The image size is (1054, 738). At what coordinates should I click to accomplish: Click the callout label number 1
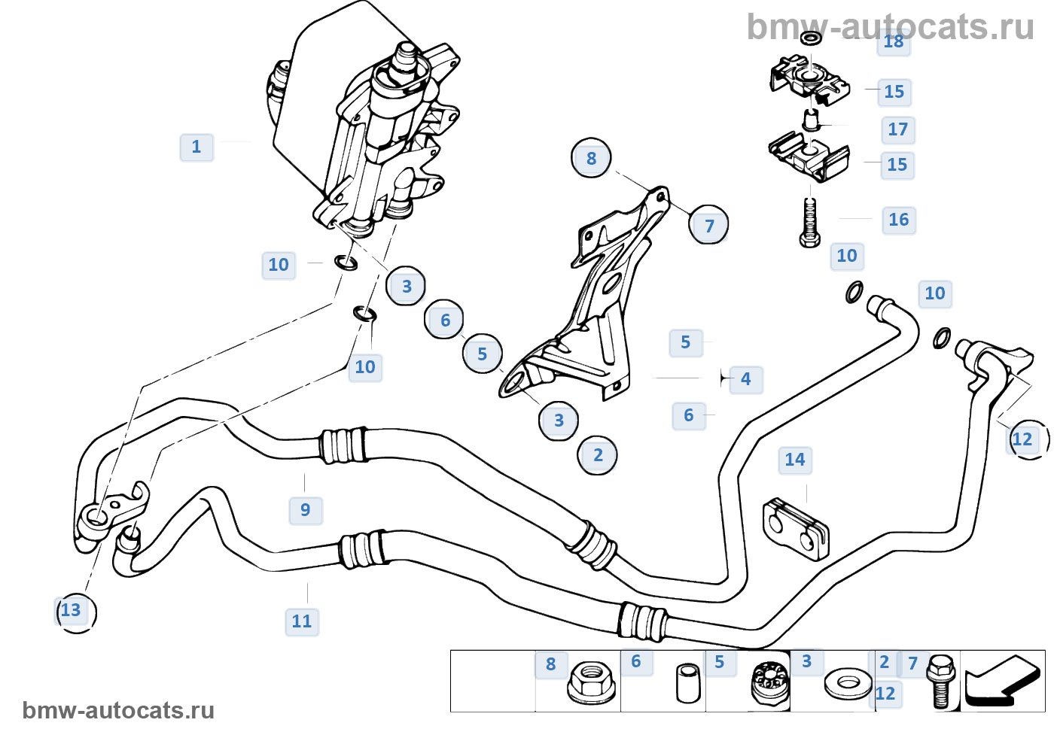pyautogui.click(x=196, y=147)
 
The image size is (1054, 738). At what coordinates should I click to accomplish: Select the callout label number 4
pyautogui.click(x=745, y=379)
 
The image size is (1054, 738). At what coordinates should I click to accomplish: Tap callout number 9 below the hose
pyautogui.click(x=306, y=510)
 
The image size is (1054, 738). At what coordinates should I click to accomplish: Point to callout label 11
pyautogui.click(x=302, y=621)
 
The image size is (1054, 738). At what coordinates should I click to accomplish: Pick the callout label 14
pyautogui.click(x=795, y=460)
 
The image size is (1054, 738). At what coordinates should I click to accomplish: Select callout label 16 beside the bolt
pyautogui.click(x=898, y=220)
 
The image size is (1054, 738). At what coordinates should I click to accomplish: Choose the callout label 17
pyautogui.click(x=897, y=129)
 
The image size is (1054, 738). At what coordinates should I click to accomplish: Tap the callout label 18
pyautogui.click(x=894, y=42)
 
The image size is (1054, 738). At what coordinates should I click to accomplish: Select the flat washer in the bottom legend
pyautogui.click(x=848, y=684)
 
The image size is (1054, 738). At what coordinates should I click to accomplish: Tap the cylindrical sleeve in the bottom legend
pyautogui.click(x=687, y=682)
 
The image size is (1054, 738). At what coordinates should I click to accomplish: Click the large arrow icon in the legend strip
pyautogui.click(x=1002, y=681)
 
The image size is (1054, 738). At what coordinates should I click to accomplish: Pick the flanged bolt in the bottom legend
pyautogui.click(x=940, y=682)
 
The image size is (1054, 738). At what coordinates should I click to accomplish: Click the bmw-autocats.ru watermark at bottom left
pyautogui.click(x=118, y=710)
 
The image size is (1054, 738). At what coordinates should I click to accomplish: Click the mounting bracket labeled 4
pyautogui.click(x=595, y=301)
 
